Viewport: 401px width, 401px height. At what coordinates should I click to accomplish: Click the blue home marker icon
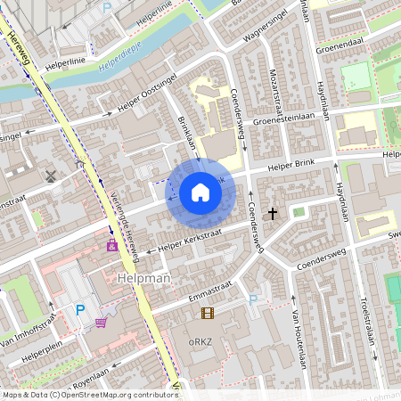(200, 192)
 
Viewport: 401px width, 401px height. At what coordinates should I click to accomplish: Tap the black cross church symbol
(273, 214)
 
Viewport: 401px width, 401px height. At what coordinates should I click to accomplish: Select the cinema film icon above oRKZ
(208, 313)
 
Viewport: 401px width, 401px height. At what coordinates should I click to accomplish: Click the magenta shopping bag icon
(112, 244)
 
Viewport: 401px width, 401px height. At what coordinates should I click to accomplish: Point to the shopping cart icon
(102, 322)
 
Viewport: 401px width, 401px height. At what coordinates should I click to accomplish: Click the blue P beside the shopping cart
(79, 310)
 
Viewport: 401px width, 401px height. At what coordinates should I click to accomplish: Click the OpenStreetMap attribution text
(89, 394)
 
